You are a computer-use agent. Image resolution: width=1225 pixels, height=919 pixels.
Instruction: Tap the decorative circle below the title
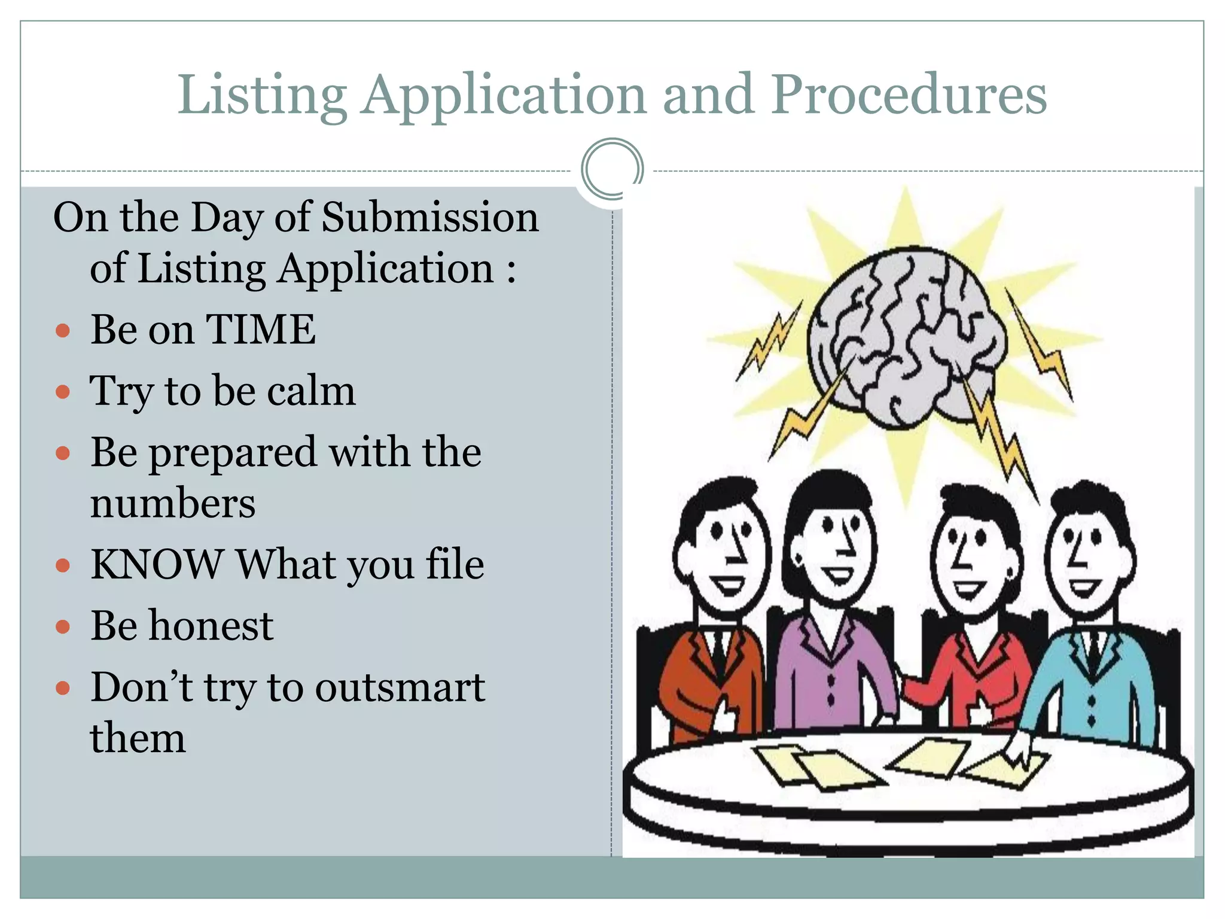(612, 169)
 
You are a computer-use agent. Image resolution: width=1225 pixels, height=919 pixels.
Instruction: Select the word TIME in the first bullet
(261, 329)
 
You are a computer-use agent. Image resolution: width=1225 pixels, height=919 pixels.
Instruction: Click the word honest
(211, 626)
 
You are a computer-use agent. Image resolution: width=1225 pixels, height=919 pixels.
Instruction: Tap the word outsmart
(400, 687)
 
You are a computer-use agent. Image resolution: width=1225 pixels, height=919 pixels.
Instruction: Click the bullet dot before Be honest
(63, 627)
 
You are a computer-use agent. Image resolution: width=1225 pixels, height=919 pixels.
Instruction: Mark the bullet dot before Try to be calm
(63, 392)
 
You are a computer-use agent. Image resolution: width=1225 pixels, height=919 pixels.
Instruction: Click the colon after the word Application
(511, 269)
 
